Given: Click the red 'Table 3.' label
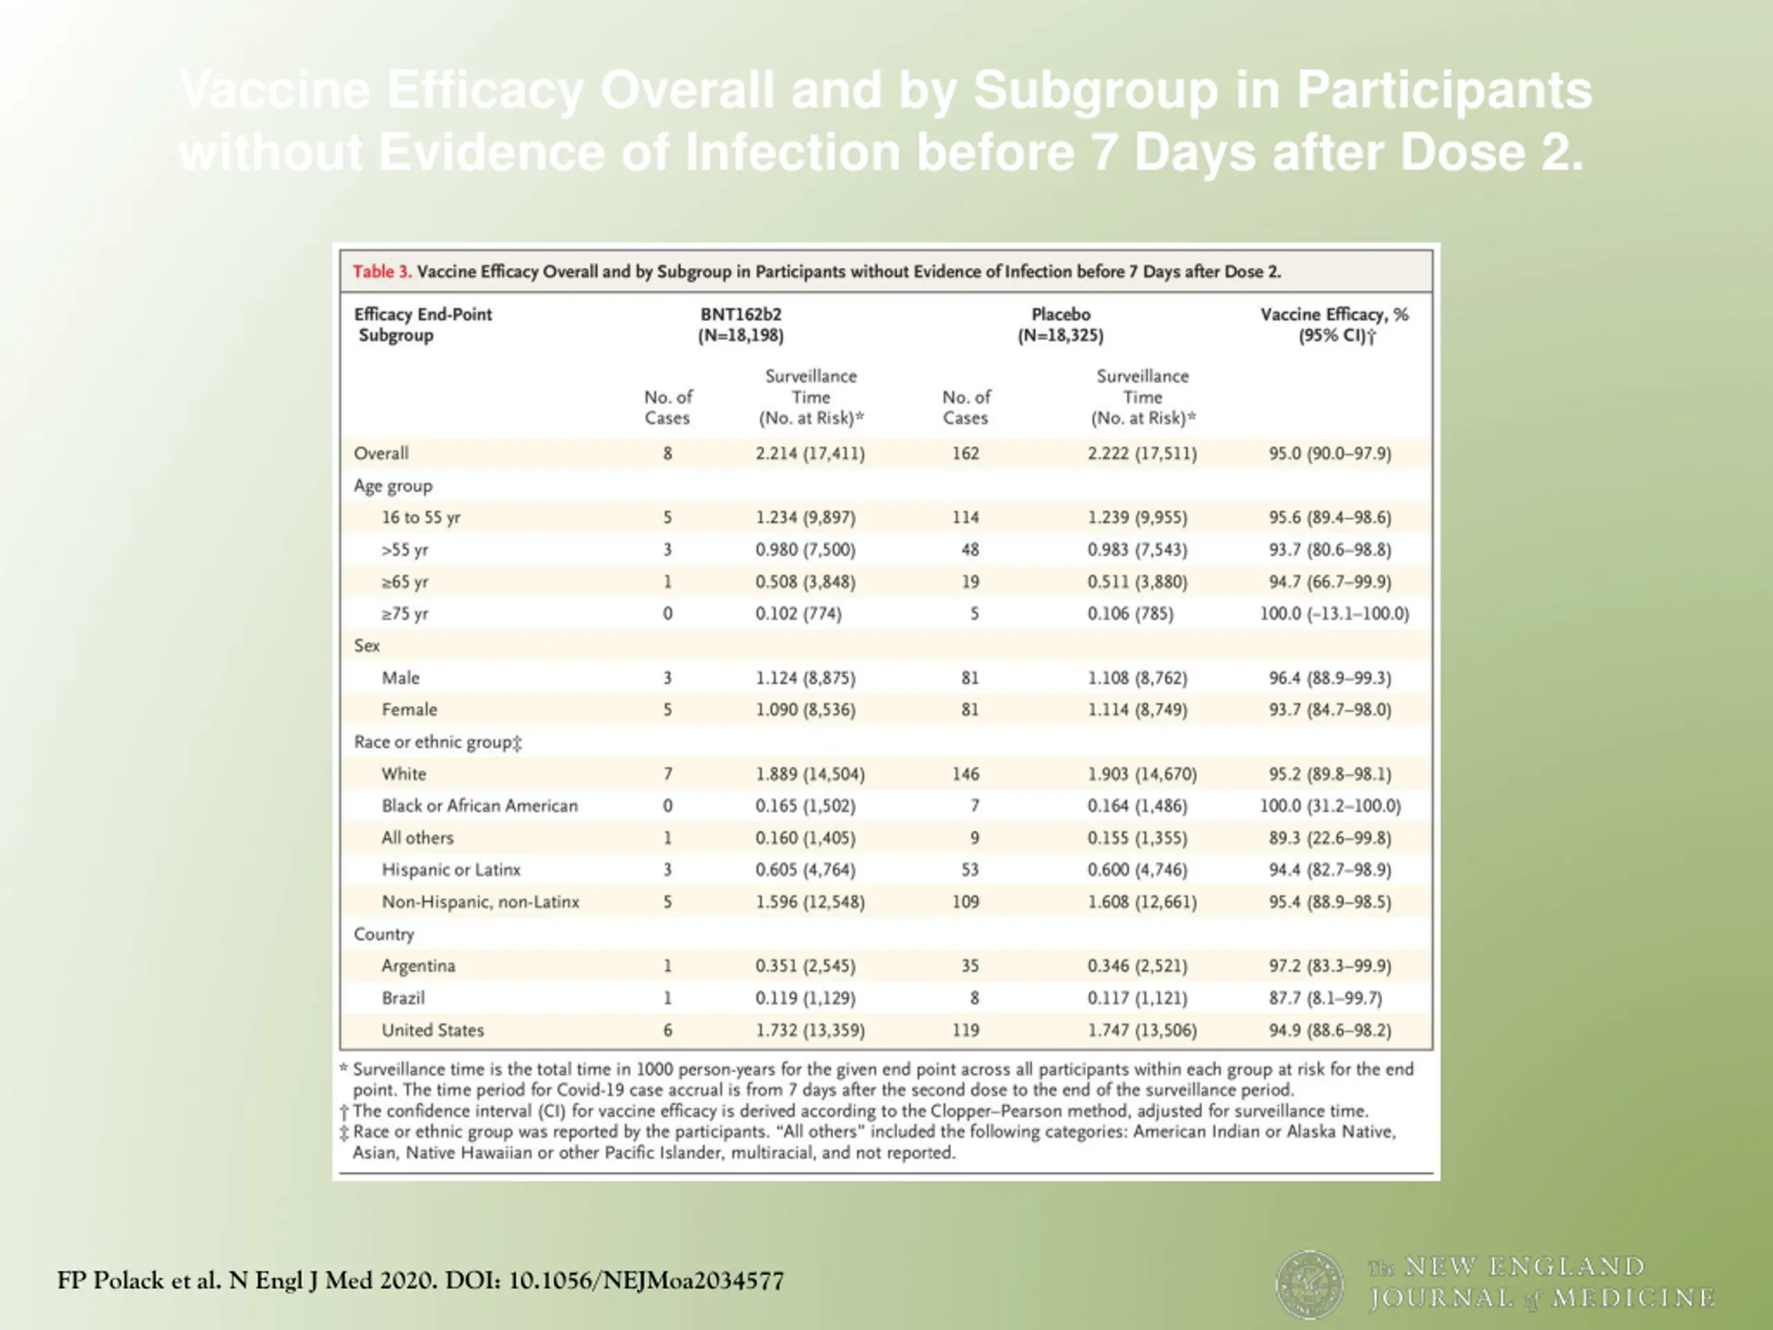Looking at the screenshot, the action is [382, 272].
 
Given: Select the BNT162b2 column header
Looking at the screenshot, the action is [740, 314].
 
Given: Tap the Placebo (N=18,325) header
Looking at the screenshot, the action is [1060, 325].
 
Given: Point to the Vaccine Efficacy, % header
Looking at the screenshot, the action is [1334, 314].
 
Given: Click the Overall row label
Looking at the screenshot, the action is [382, 453].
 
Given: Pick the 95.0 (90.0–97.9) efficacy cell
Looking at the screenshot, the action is [1330, 454].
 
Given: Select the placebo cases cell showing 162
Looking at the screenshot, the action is [966, 453].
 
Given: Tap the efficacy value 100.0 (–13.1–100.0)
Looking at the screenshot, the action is [1334, 614].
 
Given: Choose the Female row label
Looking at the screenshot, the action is [409, 709].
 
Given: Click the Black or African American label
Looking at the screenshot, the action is [479, 806].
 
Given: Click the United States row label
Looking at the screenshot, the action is [433, 1030].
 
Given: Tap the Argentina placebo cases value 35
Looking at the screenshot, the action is [970, 966].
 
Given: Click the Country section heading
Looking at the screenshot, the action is [384, 934].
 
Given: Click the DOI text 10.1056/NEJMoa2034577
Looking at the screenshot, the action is [646, 1280].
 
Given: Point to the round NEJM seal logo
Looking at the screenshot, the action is [1310, 1284].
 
